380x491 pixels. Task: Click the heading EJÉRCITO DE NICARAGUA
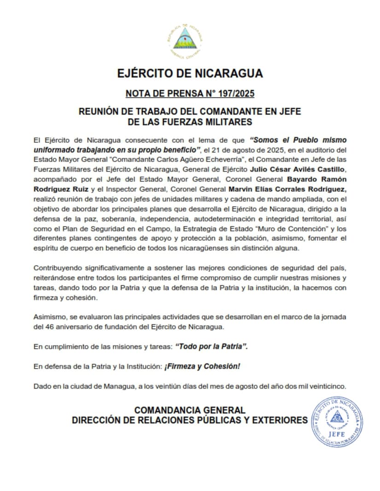(x=190, y=74)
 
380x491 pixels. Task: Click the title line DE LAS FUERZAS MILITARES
(x=190, y=122)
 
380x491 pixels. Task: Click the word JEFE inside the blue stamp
(x=335, y=433)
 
